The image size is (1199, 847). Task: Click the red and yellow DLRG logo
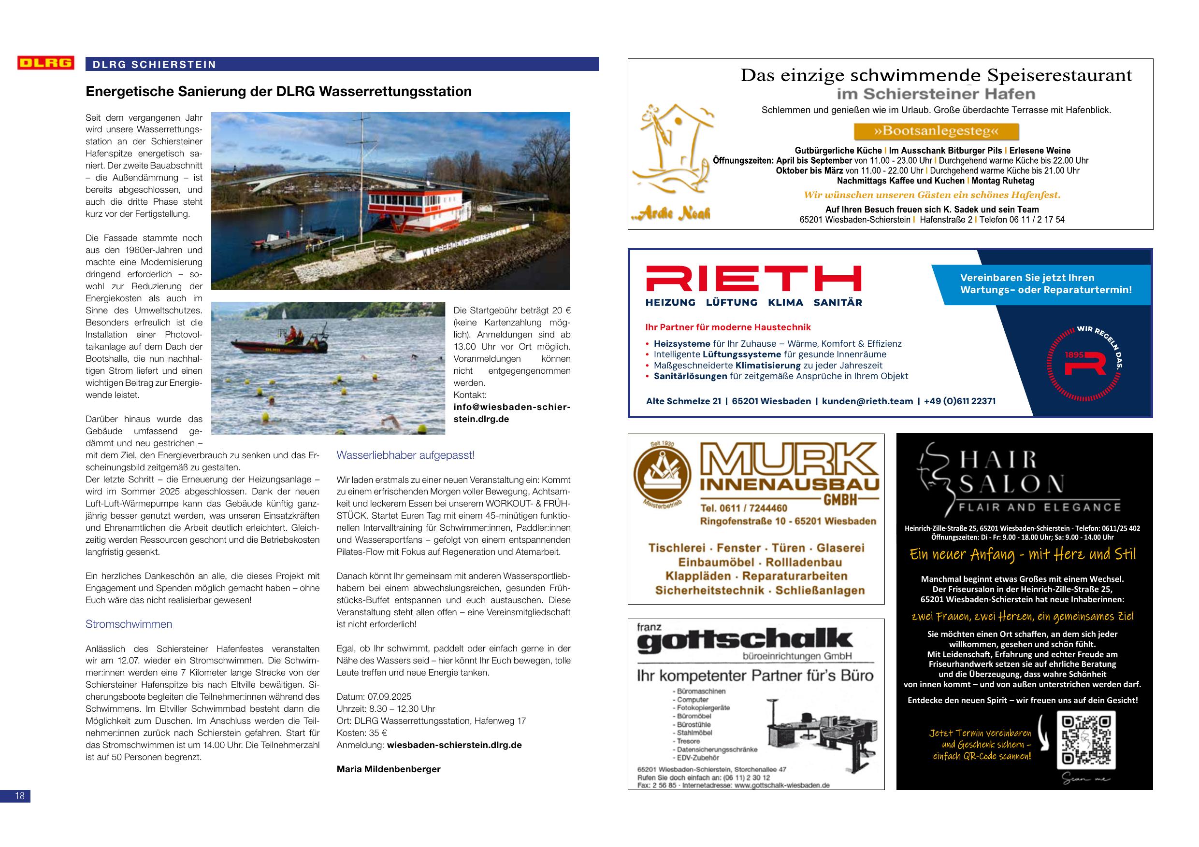point(45,63)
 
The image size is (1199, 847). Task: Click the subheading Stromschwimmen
point(129,624)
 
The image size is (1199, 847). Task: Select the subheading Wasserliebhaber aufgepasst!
point(405,455)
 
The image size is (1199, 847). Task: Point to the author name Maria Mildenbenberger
point(389,769)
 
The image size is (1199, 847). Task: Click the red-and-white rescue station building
point(415,211)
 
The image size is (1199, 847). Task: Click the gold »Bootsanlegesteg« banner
point(936,131)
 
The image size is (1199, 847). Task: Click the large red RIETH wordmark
point(753,279)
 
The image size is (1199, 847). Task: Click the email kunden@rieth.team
point(867,401)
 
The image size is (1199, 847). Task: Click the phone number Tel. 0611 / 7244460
point(744,508)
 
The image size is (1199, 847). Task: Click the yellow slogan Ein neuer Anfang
point(1023,554)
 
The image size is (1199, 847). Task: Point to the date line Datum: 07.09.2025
point(374,697)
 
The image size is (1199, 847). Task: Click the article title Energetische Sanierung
point(278,92)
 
